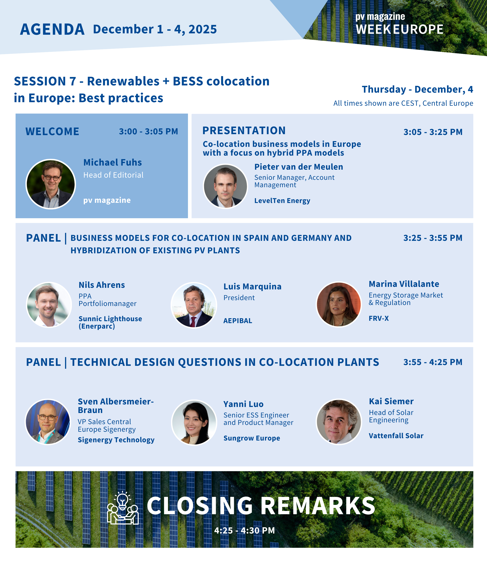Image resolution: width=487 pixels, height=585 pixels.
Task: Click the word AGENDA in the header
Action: pyautogui.click(x=52, y=29)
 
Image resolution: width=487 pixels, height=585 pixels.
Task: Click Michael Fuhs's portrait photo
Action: pyautogui.click(x=50, y=184)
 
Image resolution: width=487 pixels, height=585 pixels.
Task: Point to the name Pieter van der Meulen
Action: pyautogui.click(x=299, y=167)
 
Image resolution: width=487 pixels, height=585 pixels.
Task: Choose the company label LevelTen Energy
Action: pyautogui.click(x=282, y=201)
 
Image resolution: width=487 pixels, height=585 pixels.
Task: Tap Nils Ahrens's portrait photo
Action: pyautogui.click(x=49, y=305)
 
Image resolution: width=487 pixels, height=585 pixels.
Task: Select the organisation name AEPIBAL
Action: pyautogui.click(x=238, y=321)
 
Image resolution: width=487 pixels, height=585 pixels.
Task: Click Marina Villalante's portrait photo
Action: pyautogui.click(x=339, y=304)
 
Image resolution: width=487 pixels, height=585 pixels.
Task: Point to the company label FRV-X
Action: pyautogui.click(x=379, y=318)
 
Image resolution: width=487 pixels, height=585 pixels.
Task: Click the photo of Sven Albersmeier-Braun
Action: pyautogui.click(x=48, y=422)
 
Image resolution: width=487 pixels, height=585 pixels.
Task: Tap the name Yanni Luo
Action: pyautogui.click(x=243, y=404)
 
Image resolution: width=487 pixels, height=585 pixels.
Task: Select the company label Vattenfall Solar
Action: pyautogui.click(x=396, y=436)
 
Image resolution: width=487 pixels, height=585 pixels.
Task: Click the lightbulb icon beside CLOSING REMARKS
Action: pyautogui.click(x=123, y=508)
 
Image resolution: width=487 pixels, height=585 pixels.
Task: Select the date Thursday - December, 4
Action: pyautogui.click(x=417, y=90)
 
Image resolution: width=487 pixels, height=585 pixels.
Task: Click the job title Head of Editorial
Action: pyautogui.click(x=113, y=175)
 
